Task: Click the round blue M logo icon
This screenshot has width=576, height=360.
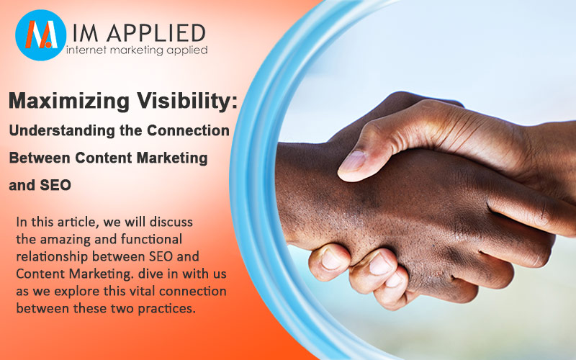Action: [x=41, y=35]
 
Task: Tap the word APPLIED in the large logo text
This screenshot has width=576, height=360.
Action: [x=156, y=33]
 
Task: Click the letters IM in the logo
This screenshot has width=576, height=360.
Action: [x=86, y=33]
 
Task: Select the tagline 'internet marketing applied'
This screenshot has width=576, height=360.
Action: [x=137, y=50]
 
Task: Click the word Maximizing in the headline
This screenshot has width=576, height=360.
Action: [x=69, y=102]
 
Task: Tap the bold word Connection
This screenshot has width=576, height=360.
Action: [x=188, y=130]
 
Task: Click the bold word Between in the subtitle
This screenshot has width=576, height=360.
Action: [x=40, y=158]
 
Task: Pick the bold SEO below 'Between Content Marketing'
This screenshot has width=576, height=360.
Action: [x=55, y=185]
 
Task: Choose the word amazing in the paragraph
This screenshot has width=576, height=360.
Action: [x=66, y=240]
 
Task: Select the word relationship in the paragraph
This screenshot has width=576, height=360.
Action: [x=52, y=256]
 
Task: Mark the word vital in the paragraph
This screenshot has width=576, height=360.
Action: [x=142, y=291]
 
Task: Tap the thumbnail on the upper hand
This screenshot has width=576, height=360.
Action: [x=352, y=161]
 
